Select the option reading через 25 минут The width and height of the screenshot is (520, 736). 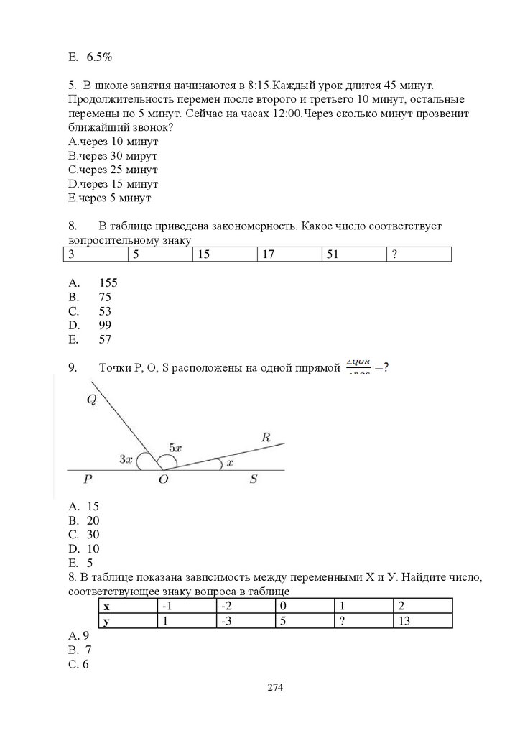(x=113, y=170)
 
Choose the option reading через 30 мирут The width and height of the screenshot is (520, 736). (x=113, y=155)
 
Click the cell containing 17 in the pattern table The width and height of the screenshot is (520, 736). (x=288, y=254)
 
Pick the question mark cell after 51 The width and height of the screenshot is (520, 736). (x=418, y=254)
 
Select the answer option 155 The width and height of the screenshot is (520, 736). (x=108, y=282)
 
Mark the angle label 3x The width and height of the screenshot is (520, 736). (x=125, y=459)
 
